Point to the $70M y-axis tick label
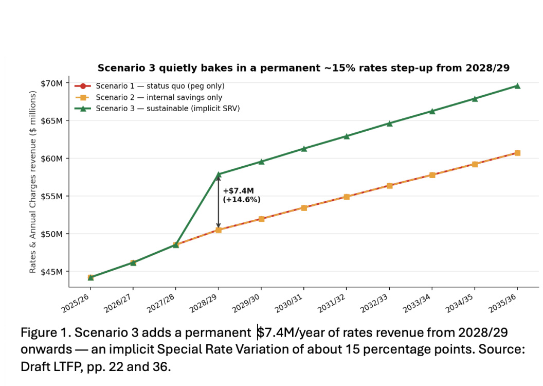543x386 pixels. (51, 83)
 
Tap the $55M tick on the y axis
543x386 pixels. (51, 196)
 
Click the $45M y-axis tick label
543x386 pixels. (51, 272)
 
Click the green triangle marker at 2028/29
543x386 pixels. (219, 174)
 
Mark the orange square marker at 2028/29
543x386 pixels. (219, 230)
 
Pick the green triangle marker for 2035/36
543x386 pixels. (517, 86)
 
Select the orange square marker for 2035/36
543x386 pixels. (517, 153)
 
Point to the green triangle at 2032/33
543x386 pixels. (389, 124)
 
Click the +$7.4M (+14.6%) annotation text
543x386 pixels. (241, 195)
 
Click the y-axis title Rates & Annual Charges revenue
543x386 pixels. (33, 182)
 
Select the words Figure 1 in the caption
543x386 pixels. (43, 333)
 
